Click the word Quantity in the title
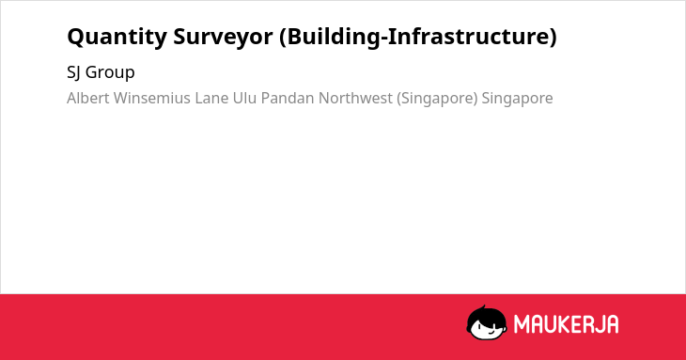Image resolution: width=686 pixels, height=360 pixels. click(x=117, y=37)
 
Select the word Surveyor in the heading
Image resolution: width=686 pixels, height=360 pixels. click(x=223, y=37)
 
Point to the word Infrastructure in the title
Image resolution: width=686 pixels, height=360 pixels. click(x=468, y=36)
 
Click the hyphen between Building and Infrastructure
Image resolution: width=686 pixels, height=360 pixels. click(x=384, y=39)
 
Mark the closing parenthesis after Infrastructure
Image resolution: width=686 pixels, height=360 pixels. click(x=553, y=37)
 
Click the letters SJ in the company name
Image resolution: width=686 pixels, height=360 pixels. click(x=73, y=72)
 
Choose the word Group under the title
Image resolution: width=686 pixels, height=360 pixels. click(x=110, y=72)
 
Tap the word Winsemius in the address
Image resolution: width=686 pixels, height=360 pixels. click(x=152, y=98)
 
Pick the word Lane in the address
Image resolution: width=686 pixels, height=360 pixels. click(x=211, y=98)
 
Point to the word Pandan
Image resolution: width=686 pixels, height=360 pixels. click(x=288, y=98)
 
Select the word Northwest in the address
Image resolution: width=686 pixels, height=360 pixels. click(x=355, y=98)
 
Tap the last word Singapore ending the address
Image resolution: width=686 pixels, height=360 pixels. click(x=517, y=99)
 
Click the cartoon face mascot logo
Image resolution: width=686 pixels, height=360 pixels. click(x=487, y=322)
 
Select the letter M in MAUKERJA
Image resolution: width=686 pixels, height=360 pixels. click(x=522, y=324)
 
